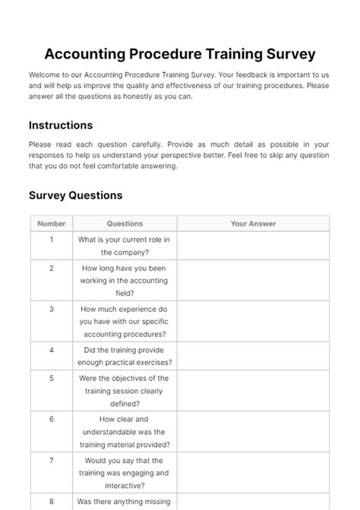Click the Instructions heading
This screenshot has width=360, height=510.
pos(61,125)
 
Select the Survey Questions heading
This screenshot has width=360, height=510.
pos(75,195)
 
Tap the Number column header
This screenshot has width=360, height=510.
pos(52,223)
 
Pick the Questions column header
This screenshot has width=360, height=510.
pos(125,223)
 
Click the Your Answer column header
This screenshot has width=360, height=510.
pos(253,223)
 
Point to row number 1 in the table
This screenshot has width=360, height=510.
pos(52,239)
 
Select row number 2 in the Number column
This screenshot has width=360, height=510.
pos(52,268)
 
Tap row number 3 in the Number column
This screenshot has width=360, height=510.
pos(52,309)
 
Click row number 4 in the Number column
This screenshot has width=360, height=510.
pos(52,350)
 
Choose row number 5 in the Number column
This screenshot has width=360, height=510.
pos(52,378)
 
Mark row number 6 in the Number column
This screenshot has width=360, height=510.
pos(52,419)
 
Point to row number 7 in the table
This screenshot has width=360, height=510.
pos(52,460)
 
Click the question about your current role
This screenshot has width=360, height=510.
pos(125,245)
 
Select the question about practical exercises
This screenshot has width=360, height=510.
pos(125,356)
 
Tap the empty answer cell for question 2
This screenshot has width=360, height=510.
pos(253,280)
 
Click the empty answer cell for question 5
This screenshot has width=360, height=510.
pos(253,391)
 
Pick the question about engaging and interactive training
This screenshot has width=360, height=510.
pos(125,473)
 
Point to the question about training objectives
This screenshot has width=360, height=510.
pos(125,391)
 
